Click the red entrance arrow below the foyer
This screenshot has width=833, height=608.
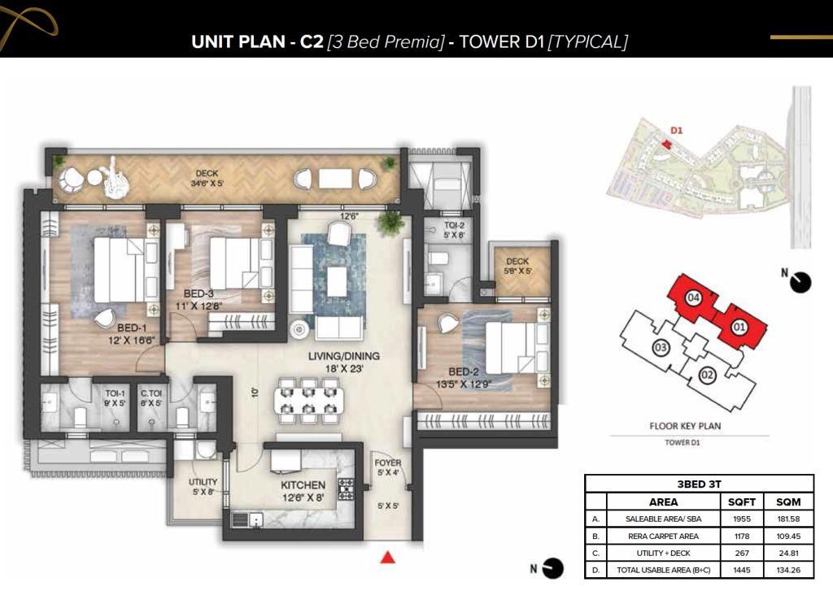pyautogui.click(x=388, y=557)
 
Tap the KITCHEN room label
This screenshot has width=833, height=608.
pyautogui.click(x=303, y=485)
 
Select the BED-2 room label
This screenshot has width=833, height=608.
pyautogui.click(x=463, y=372)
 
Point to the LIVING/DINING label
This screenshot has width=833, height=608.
pyautogui.click(x=344, y=356)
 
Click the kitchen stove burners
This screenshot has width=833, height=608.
pyautogui.click(x=346, y=489)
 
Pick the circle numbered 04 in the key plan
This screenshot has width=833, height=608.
pyautogui.click(x=693, y=297)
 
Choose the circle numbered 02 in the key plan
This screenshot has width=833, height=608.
pyautogui.click(x=707, y=376)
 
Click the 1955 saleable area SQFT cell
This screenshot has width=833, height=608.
pyautogui.click(x=742, y=519)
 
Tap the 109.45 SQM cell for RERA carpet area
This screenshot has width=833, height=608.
pyautogui.click(x=788, y=536)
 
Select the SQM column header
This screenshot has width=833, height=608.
pyautogui.click(x=788, y=502)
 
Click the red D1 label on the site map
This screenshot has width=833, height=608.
pyautogui.click(x=676, y=131)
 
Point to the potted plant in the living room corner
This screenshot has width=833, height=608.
pyautogui.click(x=390, y=221)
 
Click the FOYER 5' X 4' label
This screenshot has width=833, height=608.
pyautogui.click(x=388, y=467)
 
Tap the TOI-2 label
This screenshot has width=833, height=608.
pyautogui.click(x=454, y=225)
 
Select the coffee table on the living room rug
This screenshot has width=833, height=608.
pyautogui.click(x=338, y=281)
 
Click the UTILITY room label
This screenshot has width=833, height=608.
pyautogui.click(x=203, y=482)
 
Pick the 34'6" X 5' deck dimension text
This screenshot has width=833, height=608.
pyautogui.click(x=207, y=184)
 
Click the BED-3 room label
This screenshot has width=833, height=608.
pyautogui.click(x=198, y=294)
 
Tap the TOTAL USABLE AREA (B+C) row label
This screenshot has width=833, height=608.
pyautogui.click(x=663, y=571)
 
